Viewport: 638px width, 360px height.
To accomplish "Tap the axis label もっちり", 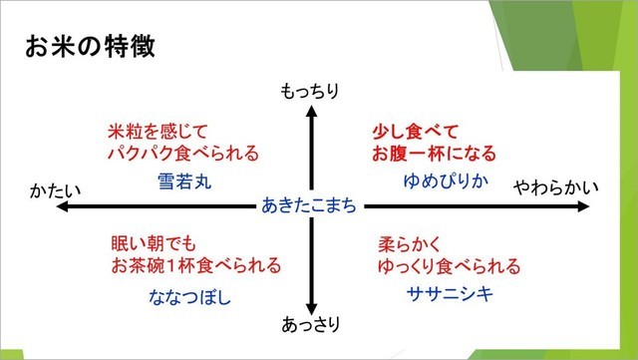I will [x=311, y=92].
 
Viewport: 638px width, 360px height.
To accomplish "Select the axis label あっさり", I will [x=311, y=325].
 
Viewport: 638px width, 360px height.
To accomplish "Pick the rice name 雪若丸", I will [x=185, y=181].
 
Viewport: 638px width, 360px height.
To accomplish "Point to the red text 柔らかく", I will [x=409, y=243].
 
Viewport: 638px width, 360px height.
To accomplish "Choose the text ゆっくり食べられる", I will [x=449, y=266].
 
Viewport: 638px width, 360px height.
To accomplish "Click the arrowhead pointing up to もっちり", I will [x=312, y=112].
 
